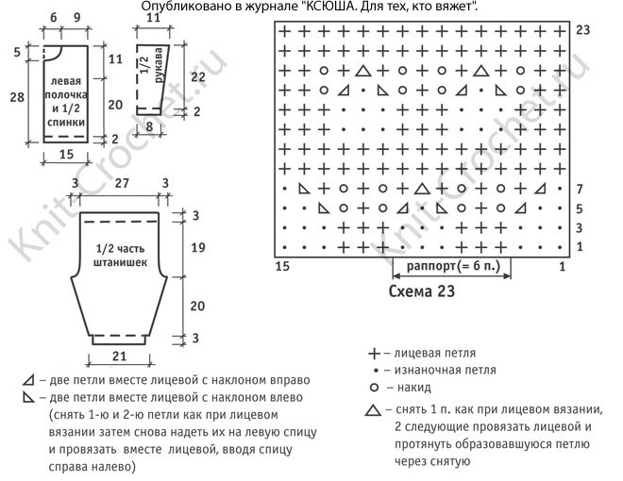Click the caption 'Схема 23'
(x=422, y=291)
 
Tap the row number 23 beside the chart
(x=582, y=31)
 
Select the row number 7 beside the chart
(x=580, y=190)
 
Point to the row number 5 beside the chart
(x=580, y=208)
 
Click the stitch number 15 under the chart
(x=280, y=268)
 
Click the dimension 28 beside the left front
(x=15, y=97)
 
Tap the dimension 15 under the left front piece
(x=64, y=153)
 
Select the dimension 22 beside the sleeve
(x=197, y=75)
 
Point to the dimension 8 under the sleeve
(x=150, y=124)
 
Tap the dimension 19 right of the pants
(x=197, y=249)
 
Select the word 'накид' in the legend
(x=413, y=388)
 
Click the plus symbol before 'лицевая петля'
(x=374, y=353)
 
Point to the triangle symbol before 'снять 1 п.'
(x=374, y=410)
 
